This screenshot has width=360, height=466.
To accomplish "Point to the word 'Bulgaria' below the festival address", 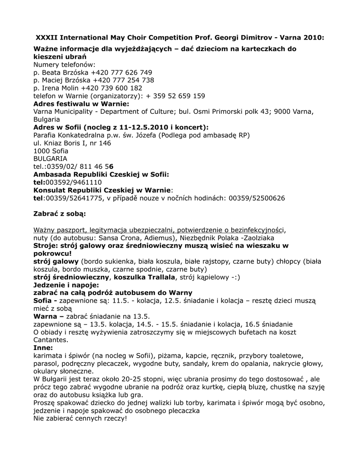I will coord(47,119).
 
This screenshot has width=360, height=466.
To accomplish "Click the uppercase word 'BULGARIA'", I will coord(50,158).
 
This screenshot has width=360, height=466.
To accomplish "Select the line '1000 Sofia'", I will coord(51,151).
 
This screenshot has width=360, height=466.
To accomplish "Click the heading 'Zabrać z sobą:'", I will coord(60,213).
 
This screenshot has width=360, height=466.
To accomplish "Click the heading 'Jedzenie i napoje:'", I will coord(66,284).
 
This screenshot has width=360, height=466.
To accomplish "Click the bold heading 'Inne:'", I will coord(43,347).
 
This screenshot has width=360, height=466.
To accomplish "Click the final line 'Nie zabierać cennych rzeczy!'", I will coord(81,418).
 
